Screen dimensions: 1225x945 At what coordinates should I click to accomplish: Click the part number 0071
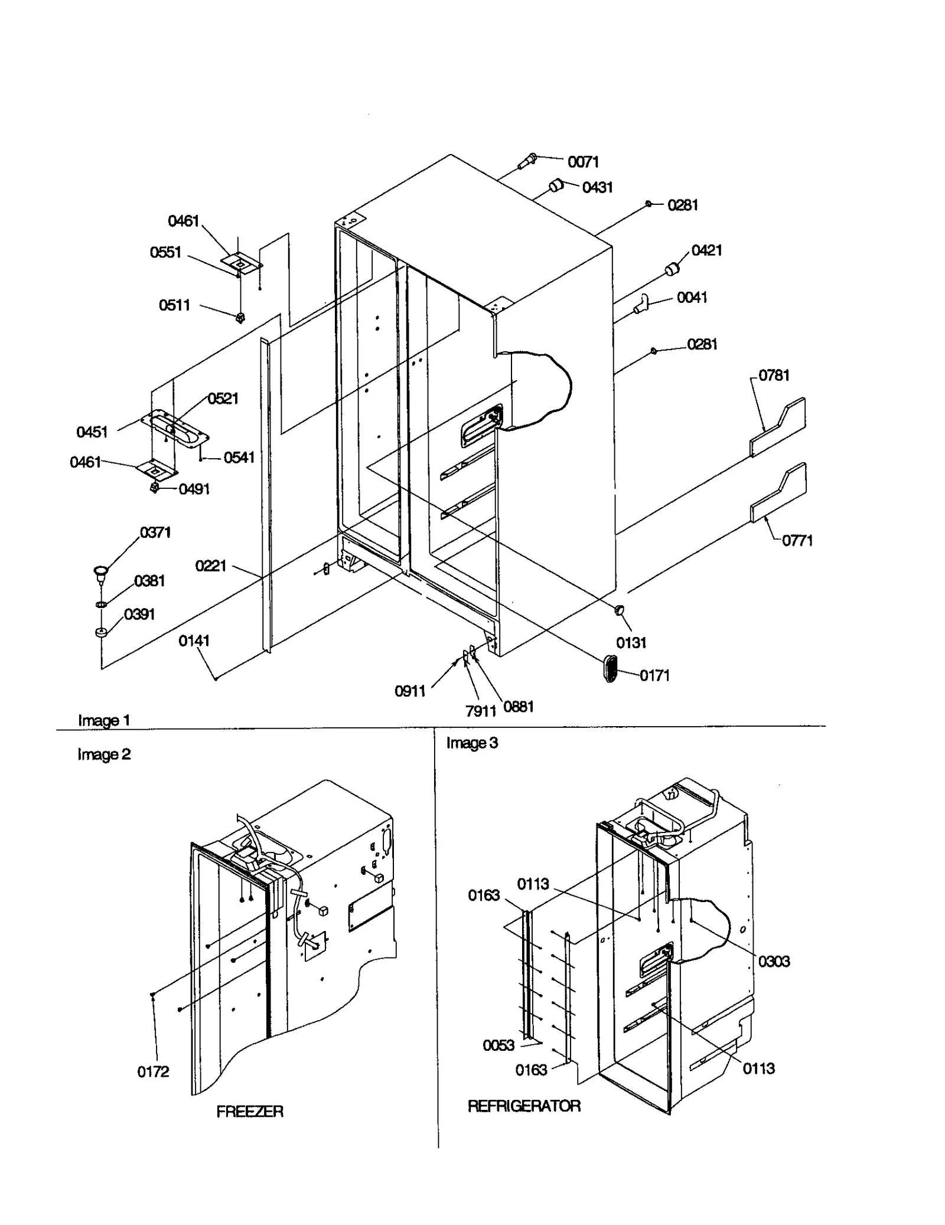(x=583, y=162)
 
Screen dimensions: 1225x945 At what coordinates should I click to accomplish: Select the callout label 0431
(x=597, y=187)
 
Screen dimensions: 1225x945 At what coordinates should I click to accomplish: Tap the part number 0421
(x=706, y=250)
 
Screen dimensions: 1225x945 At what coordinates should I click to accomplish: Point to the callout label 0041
(x=692, y=297)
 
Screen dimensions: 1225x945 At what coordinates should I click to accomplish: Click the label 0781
(x=774, y=375)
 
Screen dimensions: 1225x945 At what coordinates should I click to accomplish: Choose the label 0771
(x=797, y=540)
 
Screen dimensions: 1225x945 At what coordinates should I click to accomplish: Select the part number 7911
(x=480, y=711)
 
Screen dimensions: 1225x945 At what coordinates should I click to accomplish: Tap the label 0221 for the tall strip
(x=211, y=566)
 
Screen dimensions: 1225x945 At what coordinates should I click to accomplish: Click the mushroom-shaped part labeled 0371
(x=101, y=571)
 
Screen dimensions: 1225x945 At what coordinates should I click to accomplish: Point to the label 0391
(x=139, y=614)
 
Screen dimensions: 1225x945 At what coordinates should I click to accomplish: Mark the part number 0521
(x=223, y=398)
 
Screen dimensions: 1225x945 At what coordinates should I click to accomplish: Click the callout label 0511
(x=174, y=305)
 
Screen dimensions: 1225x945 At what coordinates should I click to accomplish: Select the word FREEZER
(x=250, y=1112)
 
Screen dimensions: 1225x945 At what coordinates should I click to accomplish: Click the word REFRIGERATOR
(x=524, y=1106)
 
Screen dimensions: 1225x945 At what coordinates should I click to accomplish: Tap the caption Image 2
(x=104, y=754)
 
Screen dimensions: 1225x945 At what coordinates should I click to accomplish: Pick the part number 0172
(x=153, y=1072)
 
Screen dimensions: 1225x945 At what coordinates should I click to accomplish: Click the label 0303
(x=774, y=961)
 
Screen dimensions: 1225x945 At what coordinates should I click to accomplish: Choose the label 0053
(x=498, y=1046)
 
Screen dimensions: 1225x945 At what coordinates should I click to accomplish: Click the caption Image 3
(x=472, y=743)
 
